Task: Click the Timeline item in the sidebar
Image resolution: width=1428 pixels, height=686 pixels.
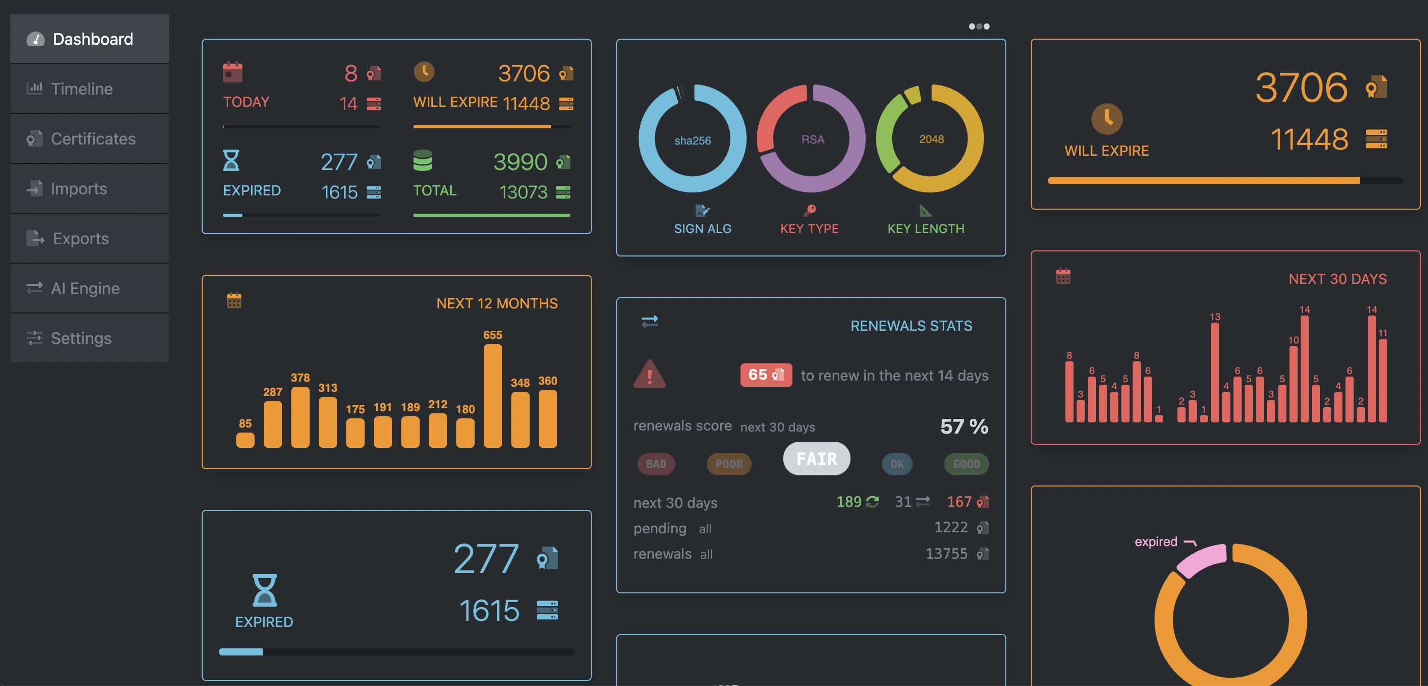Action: [81, 89]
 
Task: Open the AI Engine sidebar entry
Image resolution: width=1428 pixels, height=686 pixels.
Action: [85, 288]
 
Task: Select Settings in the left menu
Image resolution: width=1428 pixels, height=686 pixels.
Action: [81, 338]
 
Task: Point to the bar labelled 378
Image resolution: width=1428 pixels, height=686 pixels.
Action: [300, 417]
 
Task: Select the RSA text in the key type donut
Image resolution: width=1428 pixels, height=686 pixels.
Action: [812, 139]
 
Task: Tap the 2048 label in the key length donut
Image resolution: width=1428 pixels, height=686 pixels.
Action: [931, 139]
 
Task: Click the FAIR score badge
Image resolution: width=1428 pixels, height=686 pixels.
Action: [816, 459]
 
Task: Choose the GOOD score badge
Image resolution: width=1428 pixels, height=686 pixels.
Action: [966, 464]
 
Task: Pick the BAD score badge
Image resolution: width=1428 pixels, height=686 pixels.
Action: [656, 464]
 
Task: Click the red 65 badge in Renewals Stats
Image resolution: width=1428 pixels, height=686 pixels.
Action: [765, 375]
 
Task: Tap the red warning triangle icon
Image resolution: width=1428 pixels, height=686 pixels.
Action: [649, 375]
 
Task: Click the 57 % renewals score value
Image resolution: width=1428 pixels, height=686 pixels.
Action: [964, 426]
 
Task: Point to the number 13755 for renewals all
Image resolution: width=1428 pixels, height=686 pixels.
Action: [946, 554]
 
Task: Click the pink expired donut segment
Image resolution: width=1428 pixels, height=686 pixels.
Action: [1202, 560]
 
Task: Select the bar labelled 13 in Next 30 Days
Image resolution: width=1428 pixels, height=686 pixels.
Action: [1215, 373]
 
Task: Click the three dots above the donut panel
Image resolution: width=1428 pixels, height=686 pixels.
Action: [978, 26]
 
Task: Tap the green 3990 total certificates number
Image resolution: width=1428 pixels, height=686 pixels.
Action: [520, 162]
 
